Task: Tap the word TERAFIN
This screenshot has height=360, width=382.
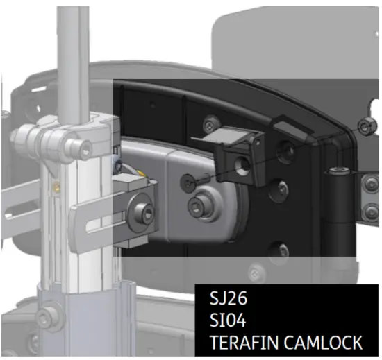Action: pyautogui.click(x=240, y=342)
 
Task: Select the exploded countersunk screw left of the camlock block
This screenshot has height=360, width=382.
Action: pyautogui.click(x=190, y=181)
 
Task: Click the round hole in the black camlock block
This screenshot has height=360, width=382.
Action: pyautogui.click(x=243, y=164)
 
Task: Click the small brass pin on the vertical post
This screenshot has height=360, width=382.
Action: pyautogui.click(x=55, y=186)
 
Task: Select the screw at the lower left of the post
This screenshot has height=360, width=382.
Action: pyautogui.click(x=46, y=320)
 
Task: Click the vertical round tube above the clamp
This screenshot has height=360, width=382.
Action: pyautogui.click(x=72, y=55)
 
